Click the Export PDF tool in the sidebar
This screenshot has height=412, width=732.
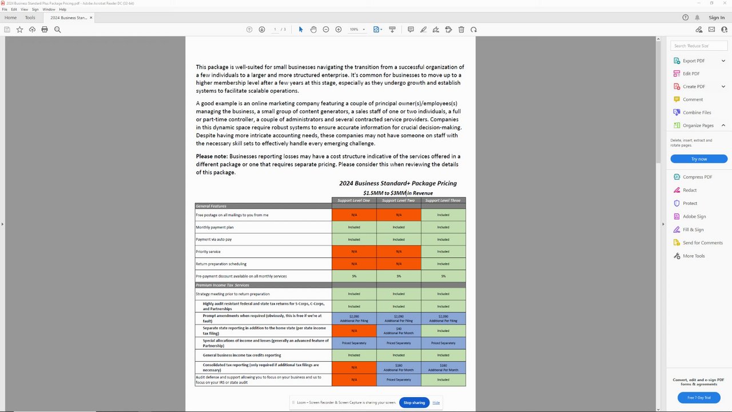point(693,61)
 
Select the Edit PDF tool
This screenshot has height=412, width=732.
point(691,74)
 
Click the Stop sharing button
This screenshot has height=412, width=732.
point(414,403)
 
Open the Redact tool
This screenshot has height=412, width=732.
point(689,190)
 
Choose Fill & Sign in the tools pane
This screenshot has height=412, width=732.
point(693,229)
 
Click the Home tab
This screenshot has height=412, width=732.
point(11,18)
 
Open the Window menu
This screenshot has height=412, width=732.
point(49,10)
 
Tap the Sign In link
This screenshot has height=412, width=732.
point(716,18)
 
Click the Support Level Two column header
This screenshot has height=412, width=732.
point(399,201)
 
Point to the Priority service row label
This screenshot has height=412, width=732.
point(208,252)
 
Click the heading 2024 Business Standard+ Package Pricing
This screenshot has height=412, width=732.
point(397,184)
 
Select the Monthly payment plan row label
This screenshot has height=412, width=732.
point(214,227)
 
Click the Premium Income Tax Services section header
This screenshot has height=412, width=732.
point(222,285)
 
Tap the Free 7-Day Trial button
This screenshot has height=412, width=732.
point(698,398)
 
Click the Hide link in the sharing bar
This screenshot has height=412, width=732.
point(436,403)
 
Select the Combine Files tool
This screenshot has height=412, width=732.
point(697,113)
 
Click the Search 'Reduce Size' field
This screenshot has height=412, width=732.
point(698,46)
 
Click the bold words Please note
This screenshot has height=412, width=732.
point(212,156)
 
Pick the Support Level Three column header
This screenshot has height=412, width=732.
point(443,201)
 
